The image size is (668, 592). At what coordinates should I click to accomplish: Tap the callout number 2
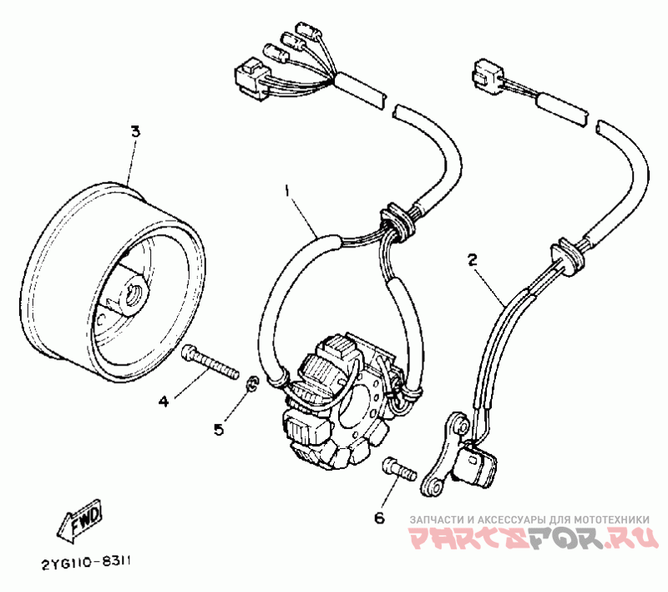(472, 260)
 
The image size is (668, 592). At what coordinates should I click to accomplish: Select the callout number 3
(135, 131)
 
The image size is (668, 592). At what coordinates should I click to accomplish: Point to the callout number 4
(164, 401)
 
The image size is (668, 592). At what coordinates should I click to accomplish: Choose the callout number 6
(379, 518)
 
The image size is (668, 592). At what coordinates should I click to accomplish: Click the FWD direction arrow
(79, 523)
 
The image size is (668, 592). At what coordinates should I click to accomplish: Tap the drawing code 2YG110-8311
(89, 563)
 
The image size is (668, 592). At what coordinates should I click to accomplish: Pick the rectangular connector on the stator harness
(247, 76)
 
